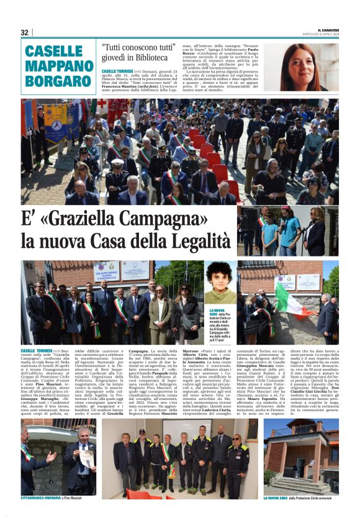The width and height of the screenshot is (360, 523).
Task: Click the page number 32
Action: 25,32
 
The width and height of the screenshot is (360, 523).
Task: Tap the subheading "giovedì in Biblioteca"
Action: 129,59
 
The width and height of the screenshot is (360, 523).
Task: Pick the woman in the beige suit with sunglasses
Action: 157,311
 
